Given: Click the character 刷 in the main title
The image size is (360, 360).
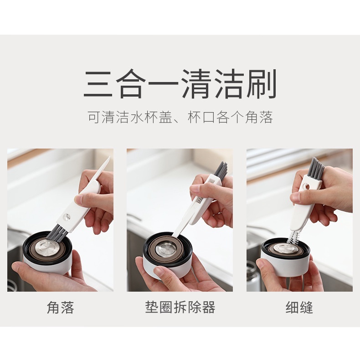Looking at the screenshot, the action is pos(262,84).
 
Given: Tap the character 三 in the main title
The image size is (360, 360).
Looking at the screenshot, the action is pos(98,84).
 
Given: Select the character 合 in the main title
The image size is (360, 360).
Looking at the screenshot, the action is pos(131,84).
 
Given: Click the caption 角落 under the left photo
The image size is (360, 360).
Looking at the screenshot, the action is pos(61,308).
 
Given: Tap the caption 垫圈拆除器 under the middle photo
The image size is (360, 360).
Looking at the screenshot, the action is pos(180,307).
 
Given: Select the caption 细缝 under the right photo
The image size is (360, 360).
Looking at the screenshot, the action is pos(299,308).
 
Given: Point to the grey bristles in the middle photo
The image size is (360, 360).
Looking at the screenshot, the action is pos(221,170).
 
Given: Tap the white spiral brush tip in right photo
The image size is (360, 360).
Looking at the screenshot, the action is pos(293,238).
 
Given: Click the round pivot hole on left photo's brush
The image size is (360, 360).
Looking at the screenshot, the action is pos(67,216).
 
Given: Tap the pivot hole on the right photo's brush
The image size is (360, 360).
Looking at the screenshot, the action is pos(305,185).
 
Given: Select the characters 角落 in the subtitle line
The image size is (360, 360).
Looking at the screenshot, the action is pos(259,117).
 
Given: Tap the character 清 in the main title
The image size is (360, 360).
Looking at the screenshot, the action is pos(196,84).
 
